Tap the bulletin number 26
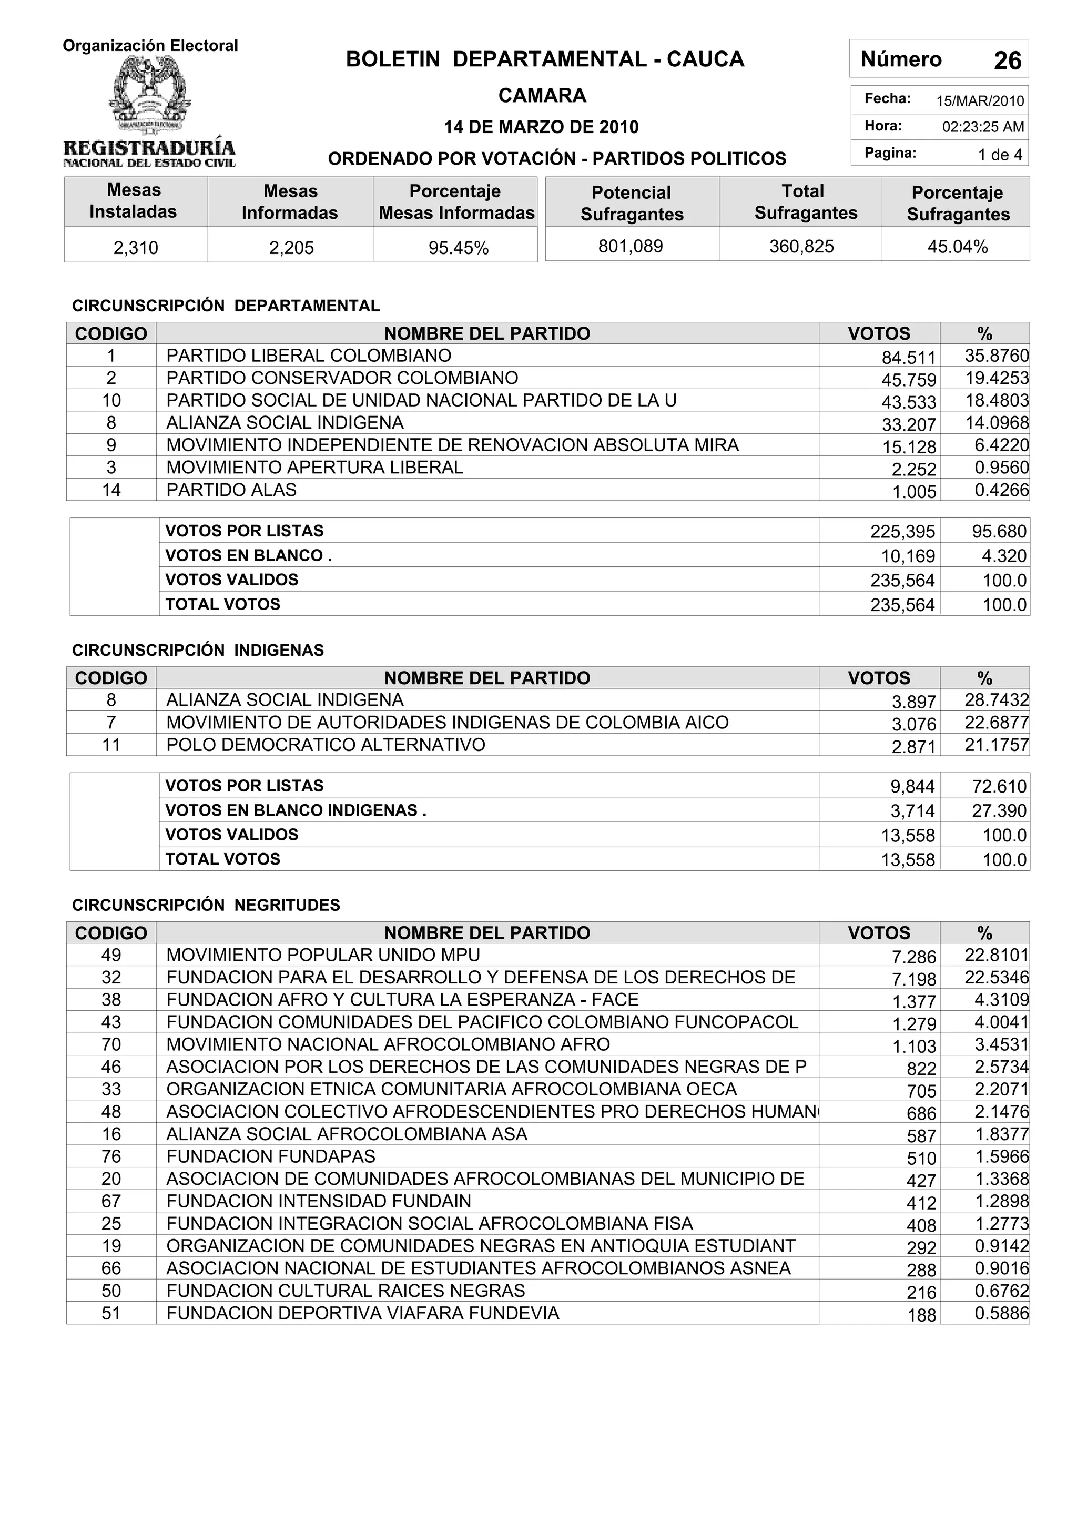coord(1007,61)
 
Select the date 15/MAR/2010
coord(980,101)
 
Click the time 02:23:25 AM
coord(983,127)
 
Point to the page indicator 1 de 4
coord(999,155)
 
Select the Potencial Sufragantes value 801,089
coord(630,246)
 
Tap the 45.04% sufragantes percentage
coord(957,247)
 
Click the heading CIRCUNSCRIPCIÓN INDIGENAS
coord(198,650)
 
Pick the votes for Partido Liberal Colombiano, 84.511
coord(908,358)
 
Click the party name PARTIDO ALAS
coord(231,490)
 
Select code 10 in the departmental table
coord(111,400)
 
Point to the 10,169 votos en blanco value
coord(908,556)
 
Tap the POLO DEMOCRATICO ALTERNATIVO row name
coord(326,744)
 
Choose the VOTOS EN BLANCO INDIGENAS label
coord(295,810)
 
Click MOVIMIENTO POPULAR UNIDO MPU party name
coord(323,955)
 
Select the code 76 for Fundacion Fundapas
coord(111,1156)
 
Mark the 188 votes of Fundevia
coord(921,1315)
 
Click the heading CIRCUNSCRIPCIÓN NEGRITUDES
coord(206,905)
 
